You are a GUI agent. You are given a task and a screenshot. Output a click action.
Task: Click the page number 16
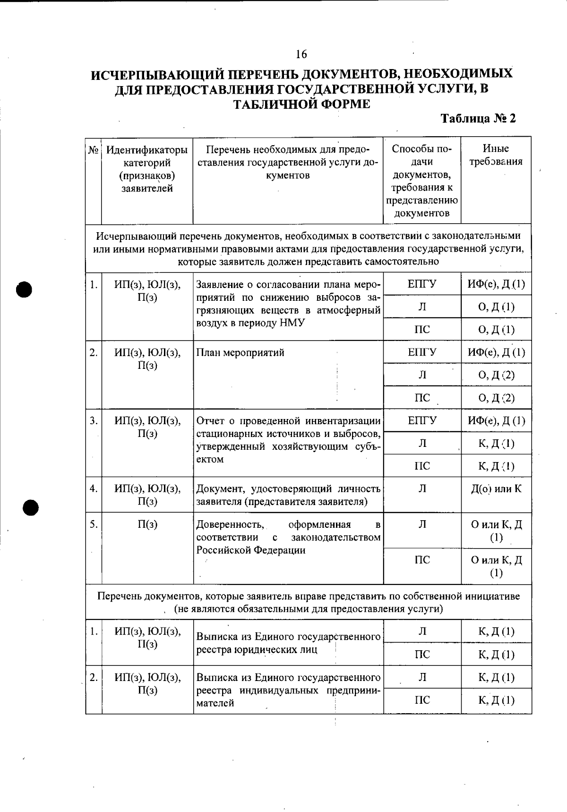pos(301,54)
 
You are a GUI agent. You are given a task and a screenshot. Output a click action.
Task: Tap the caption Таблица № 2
pos(478,118)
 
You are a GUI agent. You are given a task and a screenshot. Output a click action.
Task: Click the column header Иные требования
pos(496,155)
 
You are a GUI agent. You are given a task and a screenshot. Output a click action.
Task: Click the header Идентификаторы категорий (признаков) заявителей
pos(147,169)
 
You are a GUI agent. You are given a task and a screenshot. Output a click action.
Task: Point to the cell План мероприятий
pos(241,353)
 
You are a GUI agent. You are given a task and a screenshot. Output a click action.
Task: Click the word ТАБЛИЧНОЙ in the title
pos(274,104)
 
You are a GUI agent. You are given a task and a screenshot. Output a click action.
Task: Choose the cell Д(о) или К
pos(496,489)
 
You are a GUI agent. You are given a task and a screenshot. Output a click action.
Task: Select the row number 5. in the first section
pos(94,524)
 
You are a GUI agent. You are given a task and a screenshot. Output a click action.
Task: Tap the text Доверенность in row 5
pos(230,524)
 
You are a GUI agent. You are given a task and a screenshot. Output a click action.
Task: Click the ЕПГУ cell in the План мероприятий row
pos(422,352)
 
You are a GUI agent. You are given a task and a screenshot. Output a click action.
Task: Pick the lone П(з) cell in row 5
pos(147,524)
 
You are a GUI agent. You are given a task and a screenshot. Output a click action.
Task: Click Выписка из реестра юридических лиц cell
pos(288,643)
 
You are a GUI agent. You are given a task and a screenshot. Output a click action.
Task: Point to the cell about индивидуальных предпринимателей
pos(288,690)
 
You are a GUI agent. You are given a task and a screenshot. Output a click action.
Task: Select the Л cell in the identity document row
pos(422,489)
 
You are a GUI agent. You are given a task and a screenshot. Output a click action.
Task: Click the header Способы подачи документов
pos(422,181)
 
